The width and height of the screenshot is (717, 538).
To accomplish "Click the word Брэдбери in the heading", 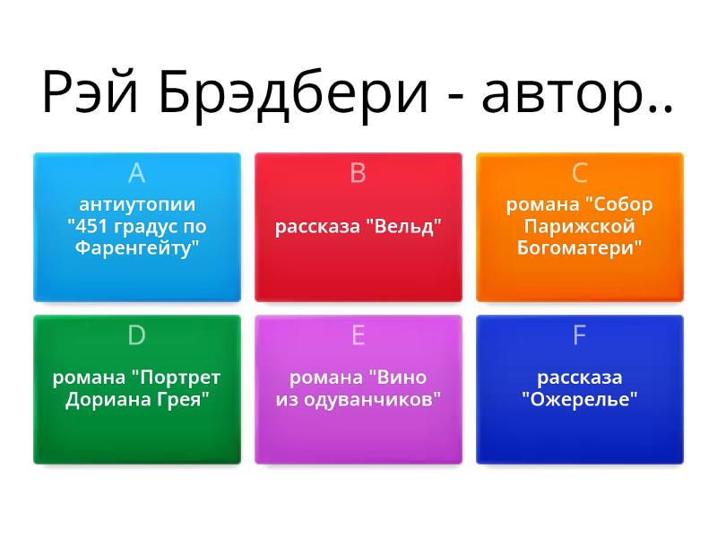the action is pyautogui.click(x=293, y=94).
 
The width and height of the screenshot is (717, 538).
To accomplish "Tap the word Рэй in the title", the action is pyautogui.click(x=90, y=91).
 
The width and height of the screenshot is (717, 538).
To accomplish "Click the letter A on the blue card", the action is pyautogui.click(x=137, y=173).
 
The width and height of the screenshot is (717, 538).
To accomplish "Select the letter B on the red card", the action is pyautogui.click(x=358, y=173).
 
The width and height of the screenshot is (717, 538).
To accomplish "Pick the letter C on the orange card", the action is pyautogui.click(x=579, y=173).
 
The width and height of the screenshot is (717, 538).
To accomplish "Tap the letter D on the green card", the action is pyautogui.click(x=137, y=335).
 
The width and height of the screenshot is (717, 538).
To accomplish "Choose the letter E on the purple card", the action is pyautogui.click(x=358, y=335).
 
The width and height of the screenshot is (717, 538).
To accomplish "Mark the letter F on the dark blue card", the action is pyautogui.click(x=579, y=335).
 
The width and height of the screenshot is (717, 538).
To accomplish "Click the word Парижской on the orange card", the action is pyautogui.click(x=579, y=227).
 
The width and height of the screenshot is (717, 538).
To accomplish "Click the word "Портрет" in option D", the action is pyautogui.click(x=176, y=377).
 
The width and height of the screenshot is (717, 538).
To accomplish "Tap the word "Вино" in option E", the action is pyautogui.click(x=398, y=377).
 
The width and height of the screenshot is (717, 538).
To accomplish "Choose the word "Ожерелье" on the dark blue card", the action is pyautogui.click(x=579, y=400).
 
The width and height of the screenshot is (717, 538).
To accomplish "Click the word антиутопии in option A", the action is pyautogui.click(x=137, y=204).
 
